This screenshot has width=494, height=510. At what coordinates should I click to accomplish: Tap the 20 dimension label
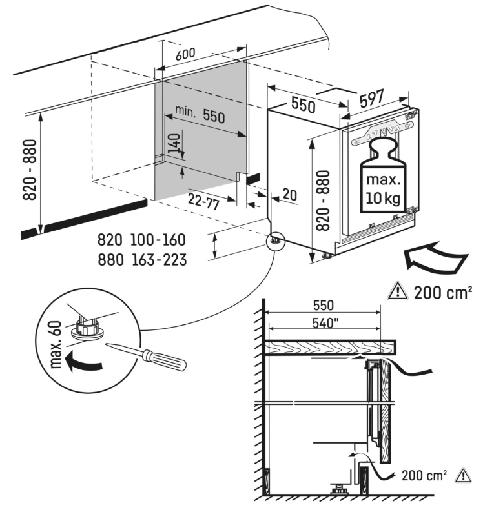[289, 195]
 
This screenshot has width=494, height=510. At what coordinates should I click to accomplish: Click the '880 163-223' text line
[141, 260]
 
